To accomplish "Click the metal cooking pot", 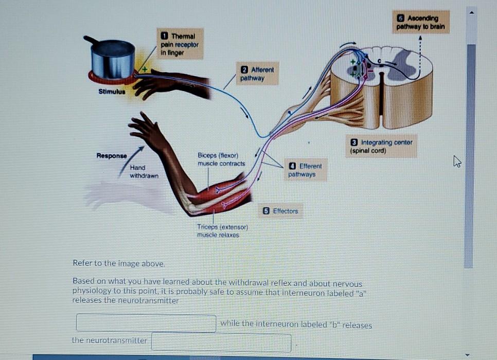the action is pos(113,58).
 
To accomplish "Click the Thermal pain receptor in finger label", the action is pos(180,44).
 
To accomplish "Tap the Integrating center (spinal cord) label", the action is pos(381,146).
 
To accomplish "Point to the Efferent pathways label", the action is pos(305,170).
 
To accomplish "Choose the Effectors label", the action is pos(280,211).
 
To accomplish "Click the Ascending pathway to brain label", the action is pos(420,22).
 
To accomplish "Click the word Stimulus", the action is pos(111,92).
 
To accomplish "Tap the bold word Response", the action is pos(112,155).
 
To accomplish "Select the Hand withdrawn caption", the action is pos(144,171).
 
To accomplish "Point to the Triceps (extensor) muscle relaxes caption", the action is pos(222,231).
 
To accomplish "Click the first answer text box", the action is pos(146,323).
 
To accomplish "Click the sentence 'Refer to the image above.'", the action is pos(119,263).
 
